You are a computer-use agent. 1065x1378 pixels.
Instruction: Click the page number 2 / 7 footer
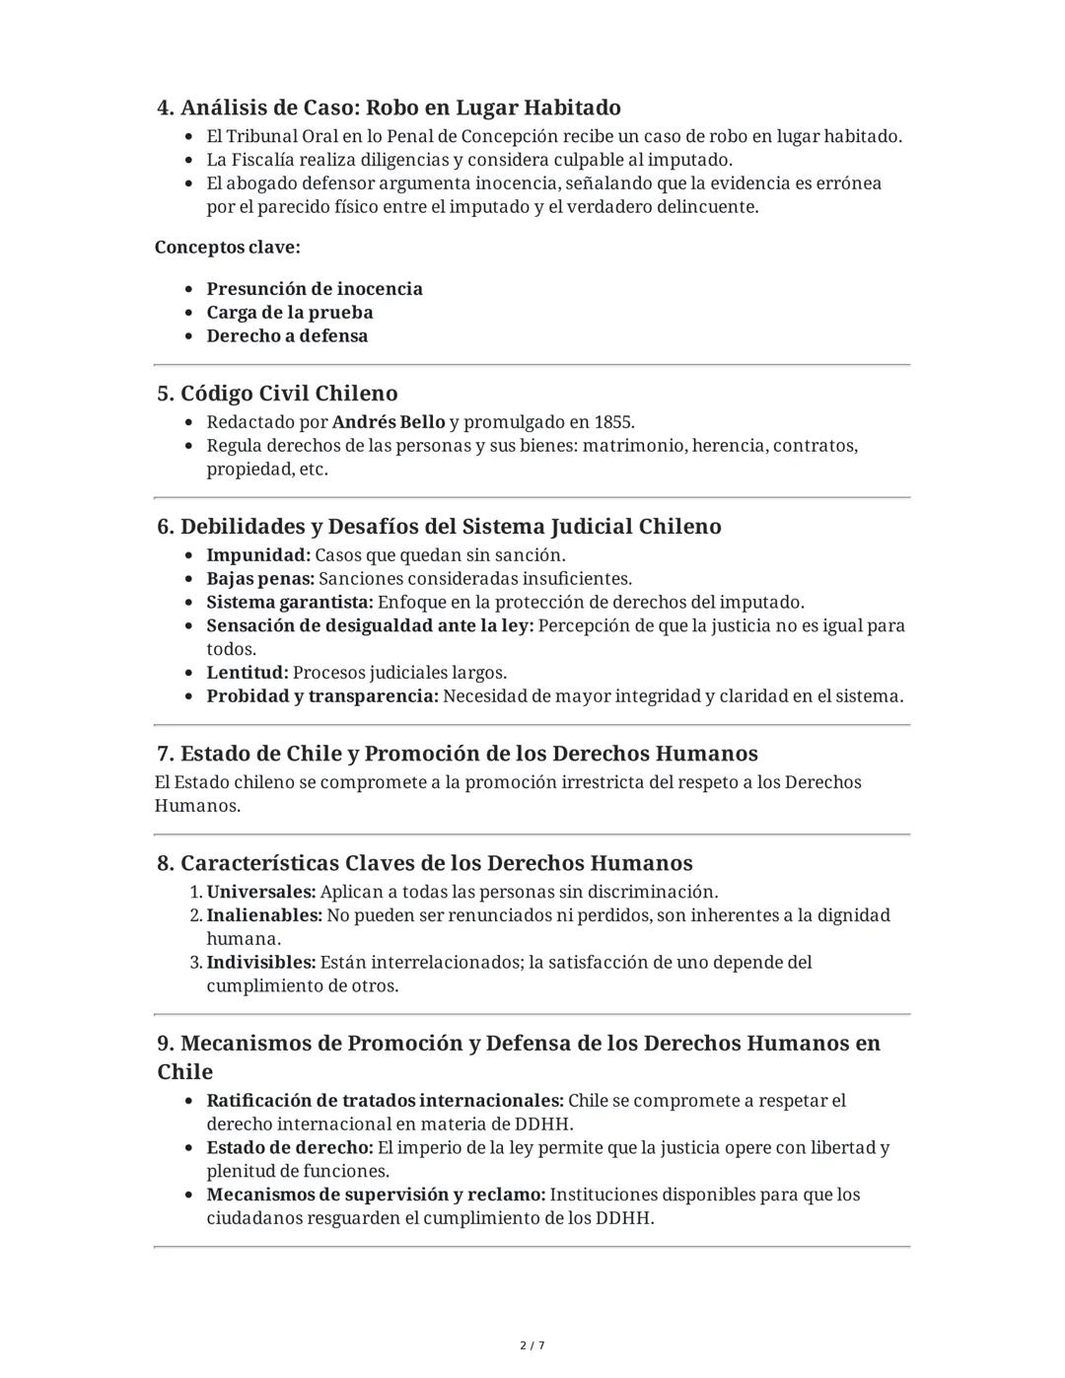(x=532, y=1345)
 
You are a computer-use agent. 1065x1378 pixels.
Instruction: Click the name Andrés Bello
(x=389, y=422)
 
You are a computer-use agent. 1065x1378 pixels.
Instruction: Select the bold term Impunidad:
(x=258, y=555)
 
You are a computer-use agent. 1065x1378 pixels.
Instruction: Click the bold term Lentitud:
(x=248, y=673)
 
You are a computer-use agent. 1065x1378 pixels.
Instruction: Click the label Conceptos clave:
(x=228, y=248)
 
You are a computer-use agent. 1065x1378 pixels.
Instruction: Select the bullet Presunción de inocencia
(x=315, y=289)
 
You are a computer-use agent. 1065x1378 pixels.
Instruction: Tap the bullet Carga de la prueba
(x=290, y=313)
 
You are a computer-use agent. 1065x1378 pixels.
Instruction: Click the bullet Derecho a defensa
(x=287, y=336)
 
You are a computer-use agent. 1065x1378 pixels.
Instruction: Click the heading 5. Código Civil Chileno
(x=277, y=394)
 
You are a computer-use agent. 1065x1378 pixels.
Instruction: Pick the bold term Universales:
(x=261, y=892)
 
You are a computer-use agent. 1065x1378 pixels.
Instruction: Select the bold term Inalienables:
(x=264, y=915)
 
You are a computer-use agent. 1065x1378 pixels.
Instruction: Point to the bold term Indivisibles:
(x=261, y=962)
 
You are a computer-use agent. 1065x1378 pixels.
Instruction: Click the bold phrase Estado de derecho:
(x=290, y=1148)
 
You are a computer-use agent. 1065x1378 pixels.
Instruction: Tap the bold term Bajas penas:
(x=260, y=579)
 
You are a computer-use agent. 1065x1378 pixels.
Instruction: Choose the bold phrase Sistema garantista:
(x=290, y=603)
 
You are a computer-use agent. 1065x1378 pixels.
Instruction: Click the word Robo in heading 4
(x=392, y=108)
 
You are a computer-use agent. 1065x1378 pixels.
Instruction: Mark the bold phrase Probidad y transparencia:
(x=322, y=696)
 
